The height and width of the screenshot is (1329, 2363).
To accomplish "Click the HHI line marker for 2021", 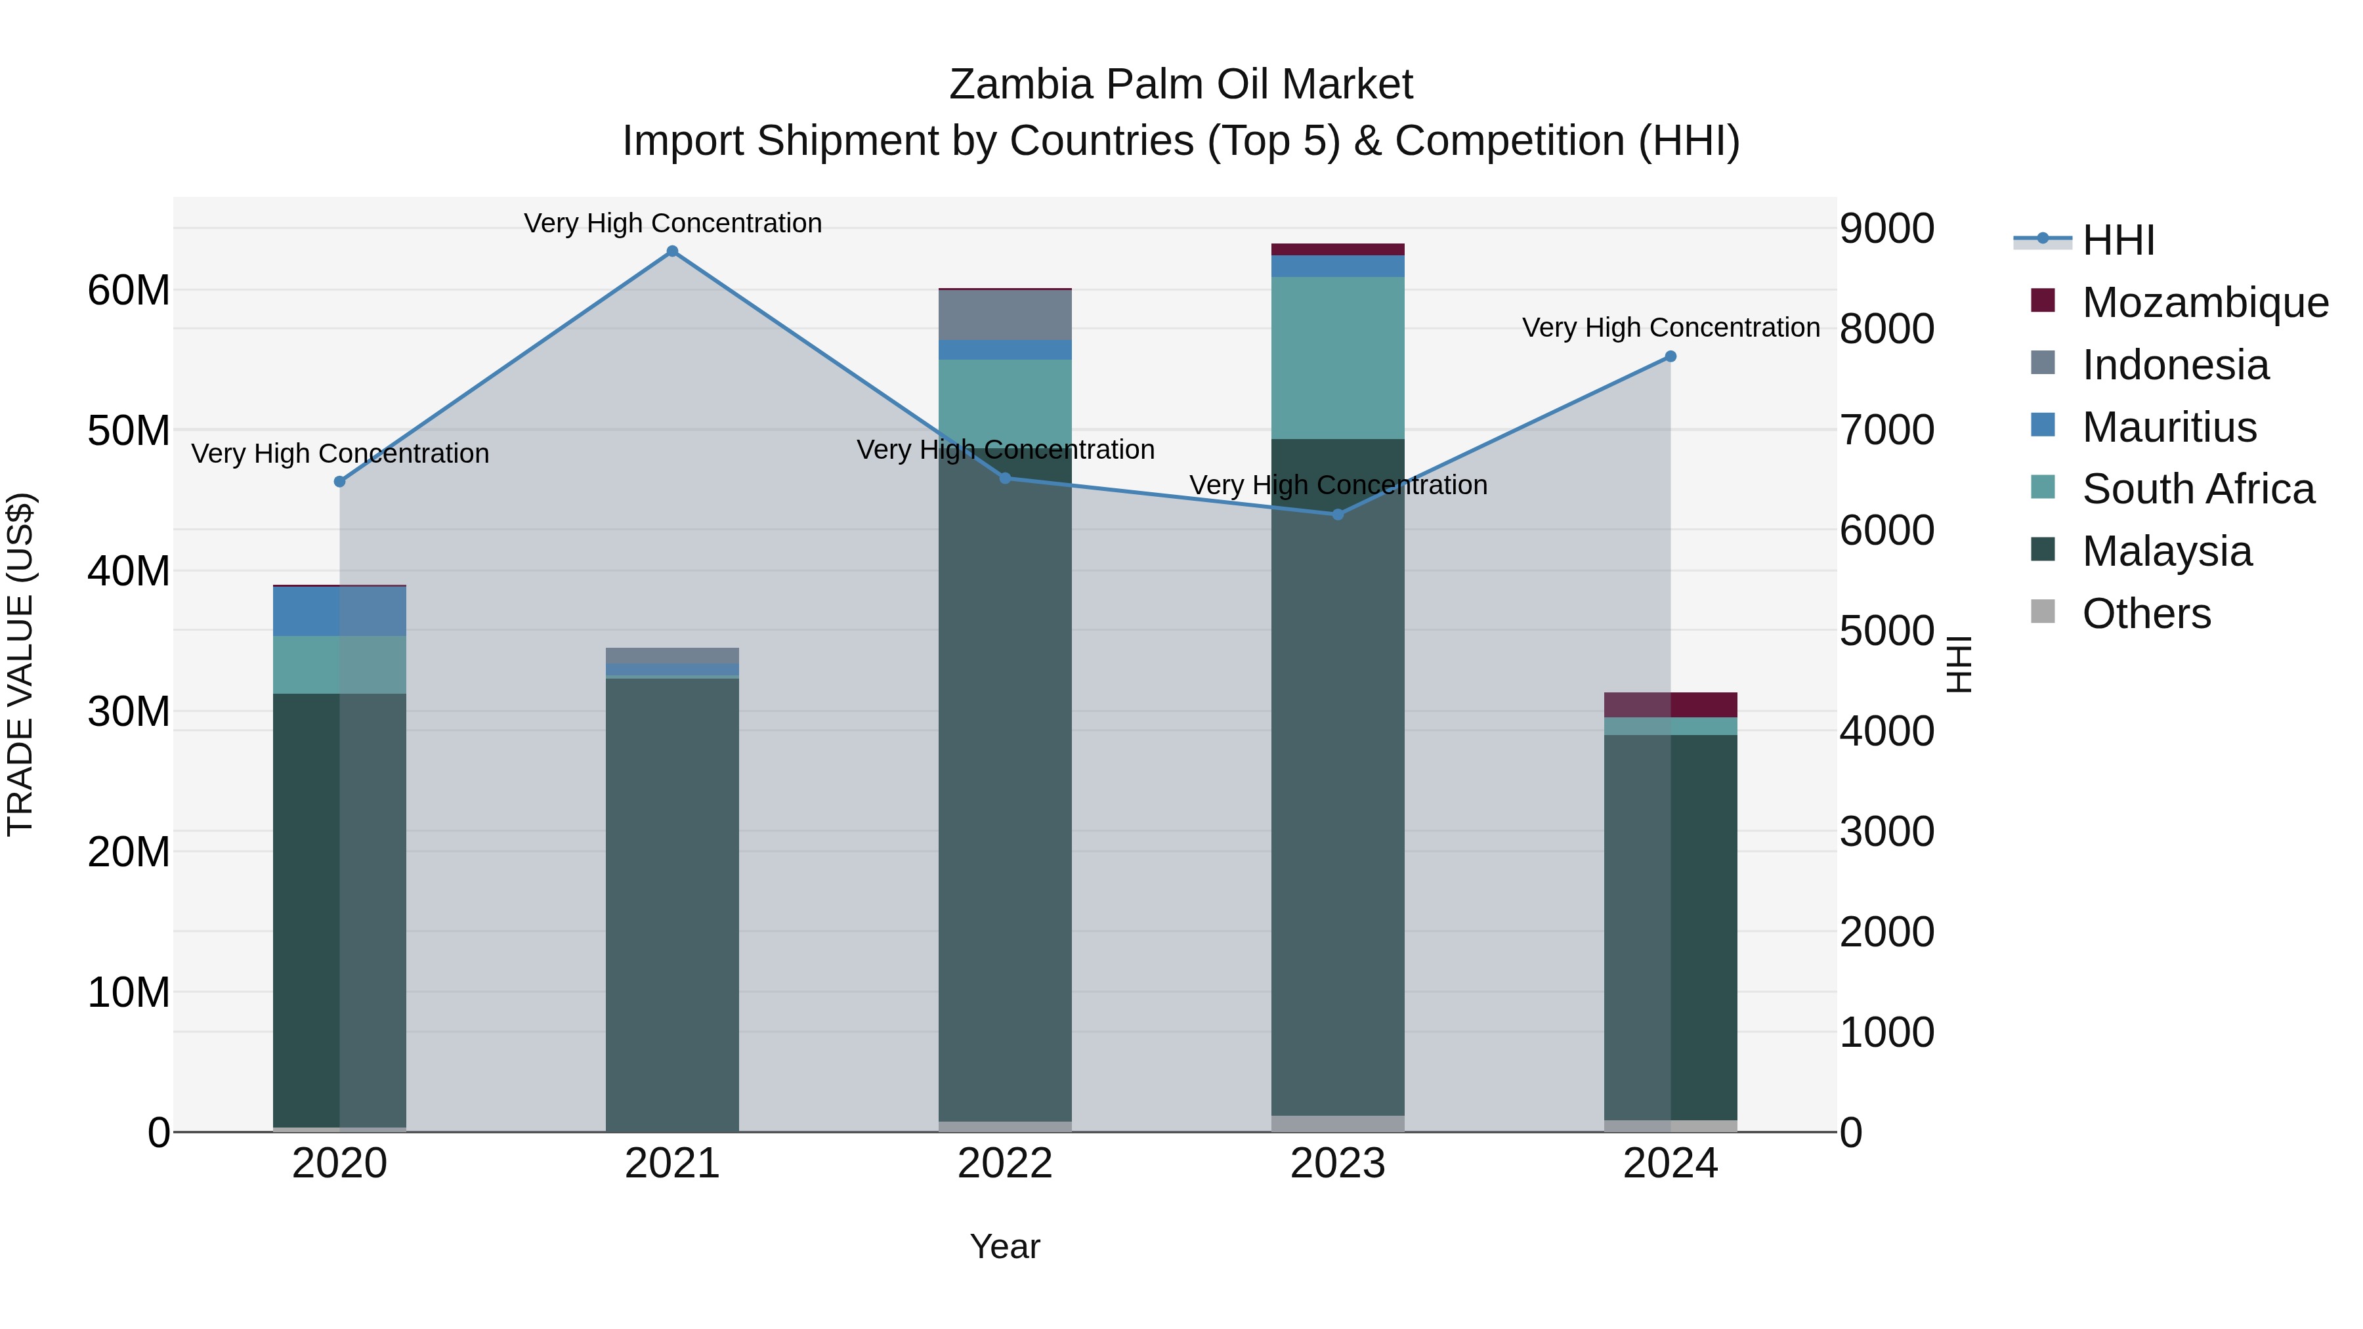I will coord(672,251).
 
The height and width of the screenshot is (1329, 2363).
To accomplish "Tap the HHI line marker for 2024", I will coord(1671,357).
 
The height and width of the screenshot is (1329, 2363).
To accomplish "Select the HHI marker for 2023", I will coord(1338,515).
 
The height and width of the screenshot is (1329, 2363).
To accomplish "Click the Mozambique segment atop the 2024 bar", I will coord(1671,704).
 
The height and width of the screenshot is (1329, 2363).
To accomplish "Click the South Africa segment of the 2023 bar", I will coord(1338,358).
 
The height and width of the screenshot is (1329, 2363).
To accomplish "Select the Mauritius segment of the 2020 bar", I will coord(339,611).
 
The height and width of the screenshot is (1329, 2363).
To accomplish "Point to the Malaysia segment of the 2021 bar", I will coord(672,904).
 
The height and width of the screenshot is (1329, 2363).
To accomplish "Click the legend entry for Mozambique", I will coord(2204,303).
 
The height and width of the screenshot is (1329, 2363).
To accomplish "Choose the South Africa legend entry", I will coord(2198,489).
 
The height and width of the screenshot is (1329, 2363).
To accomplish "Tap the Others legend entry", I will coord(2146,614).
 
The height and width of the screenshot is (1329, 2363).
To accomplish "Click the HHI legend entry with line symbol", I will coord(2117,240).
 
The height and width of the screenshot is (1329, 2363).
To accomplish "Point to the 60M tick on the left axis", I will coord(129,291).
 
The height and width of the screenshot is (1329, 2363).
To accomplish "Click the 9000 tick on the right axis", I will coord(1887,228).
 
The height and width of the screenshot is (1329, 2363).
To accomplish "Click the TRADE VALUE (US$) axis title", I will coord(20,664).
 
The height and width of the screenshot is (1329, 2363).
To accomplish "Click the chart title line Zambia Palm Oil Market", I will coord(1181,85).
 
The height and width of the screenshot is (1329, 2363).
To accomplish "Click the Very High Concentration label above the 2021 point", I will coord(672,223).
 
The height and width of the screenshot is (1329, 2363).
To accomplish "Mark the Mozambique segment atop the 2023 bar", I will coord(1338,249).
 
